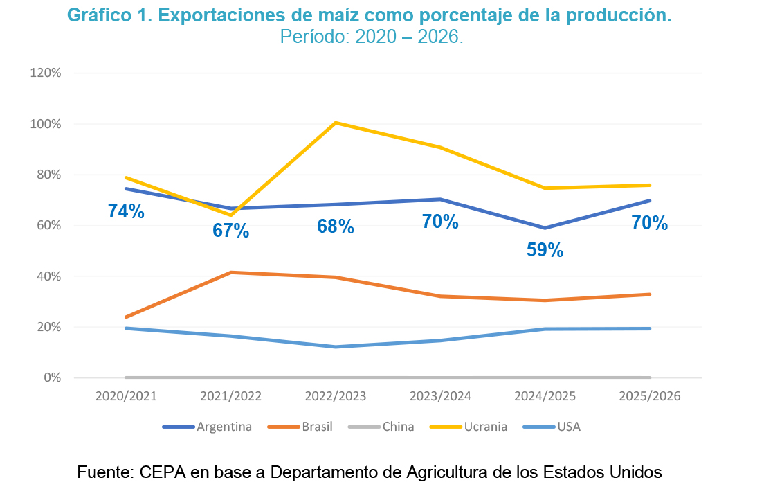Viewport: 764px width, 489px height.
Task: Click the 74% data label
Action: click(x=126, y=212)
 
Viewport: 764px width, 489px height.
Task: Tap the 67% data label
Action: click(x=230, y=231)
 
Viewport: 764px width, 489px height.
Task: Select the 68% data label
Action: click(x=336, y=226)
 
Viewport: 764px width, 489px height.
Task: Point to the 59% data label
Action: click(x=545, y=250)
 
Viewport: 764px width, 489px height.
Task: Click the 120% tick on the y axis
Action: click(x=46, y=73)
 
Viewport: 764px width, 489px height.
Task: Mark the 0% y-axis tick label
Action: click(x=53, y=377)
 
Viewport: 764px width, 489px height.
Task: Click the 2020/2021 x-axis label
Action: click(x=126, y=397)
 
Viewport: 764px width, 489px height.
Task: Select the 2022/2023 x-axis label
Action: click(x=336, y=397)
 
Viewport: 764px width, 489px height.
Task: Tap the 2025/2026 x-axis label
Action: click(x=649, y=397)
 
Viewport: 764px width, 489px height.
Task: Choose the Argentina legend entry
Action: click(x=224, y=427)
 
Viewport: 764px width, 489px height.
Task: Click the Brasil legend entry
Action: click(x=317, y=427)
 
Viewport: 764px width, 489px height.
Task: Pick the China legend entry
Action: click(x=398, y=427)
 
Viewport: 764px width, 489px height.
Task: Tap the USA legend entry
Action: click(x=568, y=427)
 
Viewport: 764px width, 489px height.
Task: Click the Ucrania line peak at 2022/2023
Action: click(x=336, y=123)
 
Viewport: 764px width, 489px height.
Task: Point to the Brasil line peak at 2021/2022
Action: click(x=231, y=272)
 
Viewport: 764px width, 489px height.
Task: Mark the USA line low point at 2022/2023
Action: click(x=336, y=346)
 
